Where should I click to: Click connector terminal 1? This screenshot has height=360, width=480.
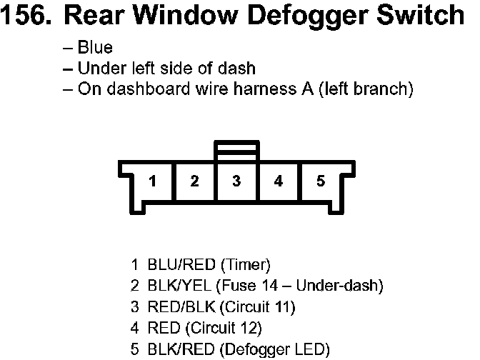click(152, 181)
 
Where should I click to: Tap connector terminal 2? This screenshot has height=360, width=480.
click(194, 181)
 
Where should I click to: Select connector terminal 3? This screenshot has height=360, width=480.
click(236, 181)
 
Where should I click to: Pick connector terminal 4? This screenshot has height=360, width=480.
click(279, 181)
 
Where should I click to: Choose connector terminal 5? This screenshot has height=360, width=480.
click(321, 181)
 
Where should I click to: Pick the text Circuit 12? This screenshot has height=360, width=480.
click(224, 329)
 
